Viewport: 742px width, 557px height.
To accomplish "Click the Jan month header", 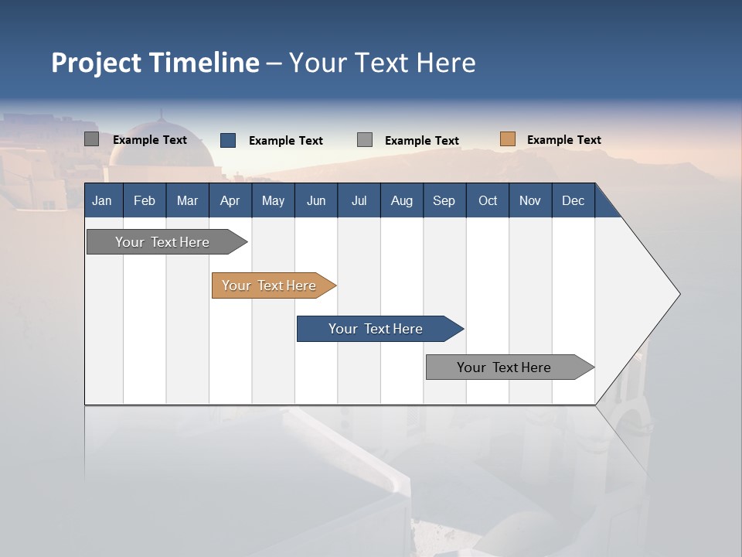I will [103, 200].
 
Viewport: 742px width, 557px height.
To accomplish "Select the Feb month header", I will [145, 200].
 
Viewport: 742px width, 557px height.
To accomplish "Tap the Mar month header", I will [187, 200].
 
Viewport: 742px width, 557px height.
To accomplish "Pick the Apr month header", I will [230, 200].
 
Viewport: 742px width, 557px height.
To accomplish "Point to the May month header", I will [273, 200].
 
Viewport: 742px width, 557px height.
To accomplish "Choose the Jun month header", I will [316, 200].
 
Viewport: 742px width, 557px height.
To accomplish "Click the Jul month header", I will [359, 200].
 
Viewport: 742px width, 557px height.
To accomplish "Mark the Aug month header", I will [402, 200].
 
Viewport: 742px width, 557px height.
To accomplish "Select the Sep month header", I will [444, 200].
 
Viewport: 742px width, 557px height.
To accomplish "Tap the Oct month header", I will [488, 200].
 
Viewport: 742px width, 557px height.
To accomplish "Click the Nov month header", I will [530, 200].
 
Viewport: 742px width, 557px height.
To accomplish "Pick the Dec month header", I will [574, 200].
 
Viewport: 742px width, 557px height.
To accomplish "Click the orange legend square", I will [508, 139].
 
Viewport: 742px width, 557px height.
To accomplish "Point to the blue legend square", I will [228, 140].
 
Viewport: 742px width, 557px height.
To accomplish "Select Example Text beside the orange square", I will [563, 140].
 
